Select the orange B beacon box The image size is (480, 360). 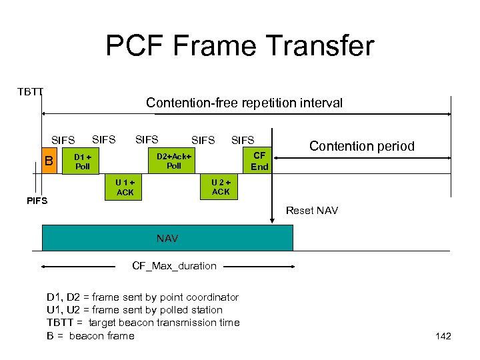point(48,161)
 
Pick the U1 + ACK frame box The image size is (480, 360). point(125,187)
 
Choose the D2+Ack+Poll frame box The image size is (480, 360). point(173,161)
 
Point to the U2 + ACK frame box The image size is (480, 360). point(221,187)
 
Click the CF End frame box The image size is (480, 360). point(259,161)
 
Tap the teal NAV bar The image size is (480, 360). point(167,238)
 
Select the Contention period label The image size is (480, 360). point(362,146)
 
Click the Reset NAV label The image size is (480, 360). point(312,211)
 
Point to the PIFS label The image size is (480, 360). point(37,200)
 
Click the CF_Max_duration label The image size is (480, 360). point(174,266)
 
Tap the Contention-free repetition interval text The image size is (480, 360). point(244,103)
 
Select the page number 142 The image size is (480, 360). point(443,336)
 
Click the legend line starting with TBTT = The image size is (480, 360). point(143,323)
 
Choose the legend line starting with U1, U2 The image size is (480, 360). point(134,310)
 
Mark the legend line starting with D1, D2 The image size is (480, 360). point(142,297)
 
